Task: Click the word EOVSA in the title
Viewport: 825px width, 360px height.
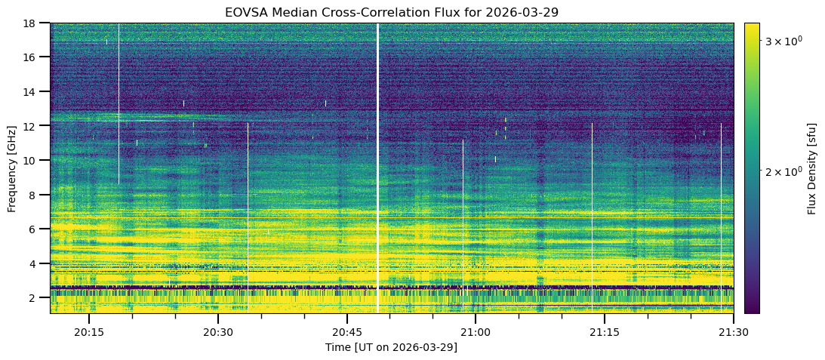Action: tap(245, 13)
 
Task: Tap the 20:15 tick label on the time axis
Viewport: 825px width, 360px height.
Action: tap(89, 332)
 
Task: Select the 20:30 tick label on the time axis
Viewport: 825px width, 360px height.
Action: tap(217, 332)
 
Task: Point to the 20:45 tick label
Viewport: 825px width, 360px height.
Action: tap(346, 332)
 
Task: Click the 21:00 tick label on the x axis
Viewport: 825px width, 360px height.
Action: tap(476, 332)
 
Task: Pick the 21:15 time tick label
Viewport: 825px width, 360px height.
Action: tap(604, 332)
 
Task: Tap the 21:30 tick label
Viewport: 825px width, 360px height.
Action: tap(733, 332)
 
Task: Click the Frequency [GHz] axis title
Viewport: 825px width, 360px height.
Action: tap(12, 168)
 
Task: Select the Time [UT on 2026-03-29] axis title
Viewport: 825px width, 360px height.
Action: tap(391, 347)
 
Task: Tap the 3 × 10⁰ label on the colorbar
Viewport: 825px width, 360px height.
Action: tap(785, 41)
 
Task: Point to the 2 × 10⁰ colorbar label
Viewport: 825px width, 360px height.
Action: tap(785, 171)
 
